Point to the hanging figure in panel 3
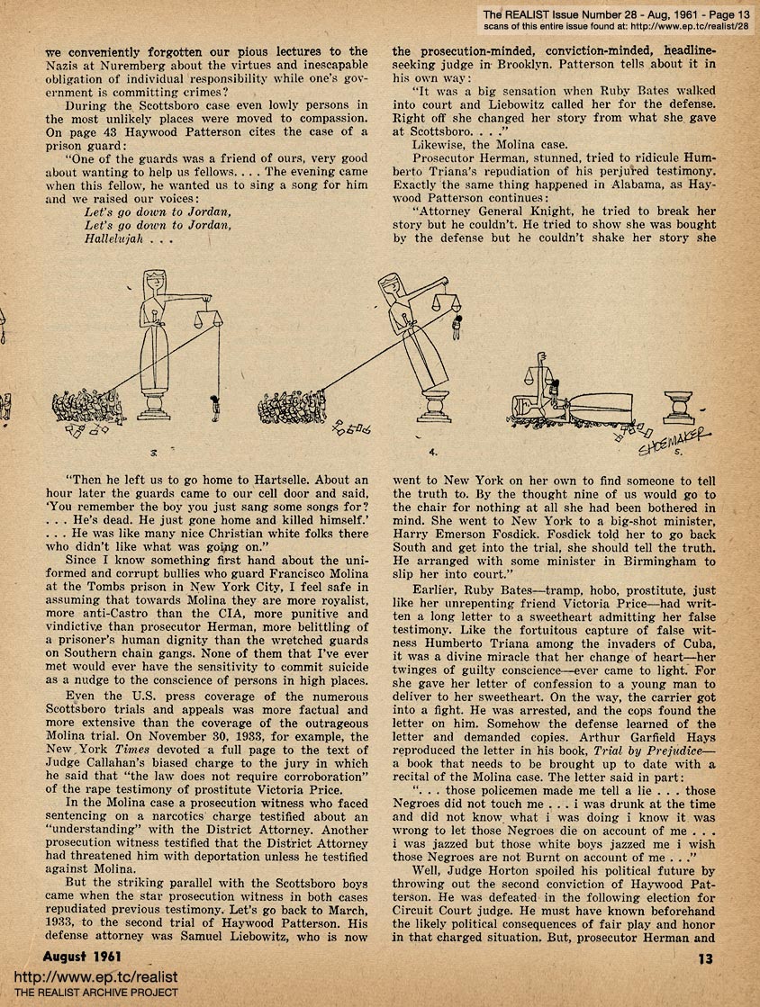click(215, 407)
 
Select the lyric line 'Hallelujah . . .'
click(125, 240)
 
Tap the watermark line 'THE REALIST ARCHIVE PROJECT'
click(90, 994)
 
